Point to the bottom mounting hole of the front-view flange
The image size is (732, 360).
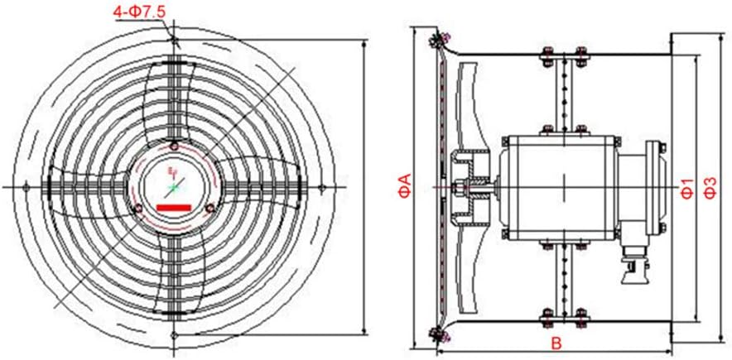click(175, 335)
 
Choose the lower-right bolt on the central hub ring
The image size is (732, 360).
click(209, 207)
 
